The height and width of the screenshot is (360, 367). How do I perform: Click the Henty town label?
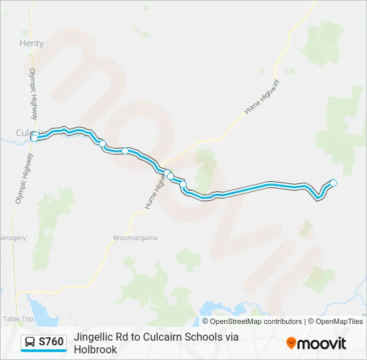point(32,43)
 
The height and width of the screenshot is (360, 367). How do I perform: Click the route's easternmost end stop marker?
point(334,183)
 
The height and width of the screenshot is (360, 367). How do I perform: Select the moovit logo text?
point(322,343)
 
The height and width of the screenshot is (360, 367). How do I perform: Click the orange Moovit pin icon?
point(291,343)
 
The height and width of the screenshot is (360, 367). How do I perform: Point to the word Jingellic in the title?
point(95,337)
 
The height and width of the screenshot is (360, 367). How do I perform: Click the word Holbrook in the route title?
point(96,349)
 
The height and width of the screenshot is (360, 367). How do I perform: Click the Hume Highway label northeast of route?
point(261,97)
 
